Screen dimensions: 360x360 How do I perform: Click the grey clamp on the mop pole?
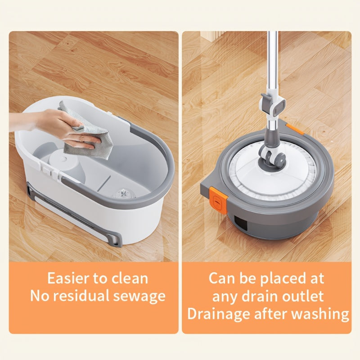[x=273, y=103]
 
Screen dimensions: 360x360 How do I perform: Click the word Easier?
[x=69, y=278]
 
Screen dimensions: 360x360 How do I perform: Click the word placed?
[x=282, y=278]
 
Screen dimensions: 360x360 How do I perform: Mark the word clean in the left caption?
[x=129, y=278]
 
